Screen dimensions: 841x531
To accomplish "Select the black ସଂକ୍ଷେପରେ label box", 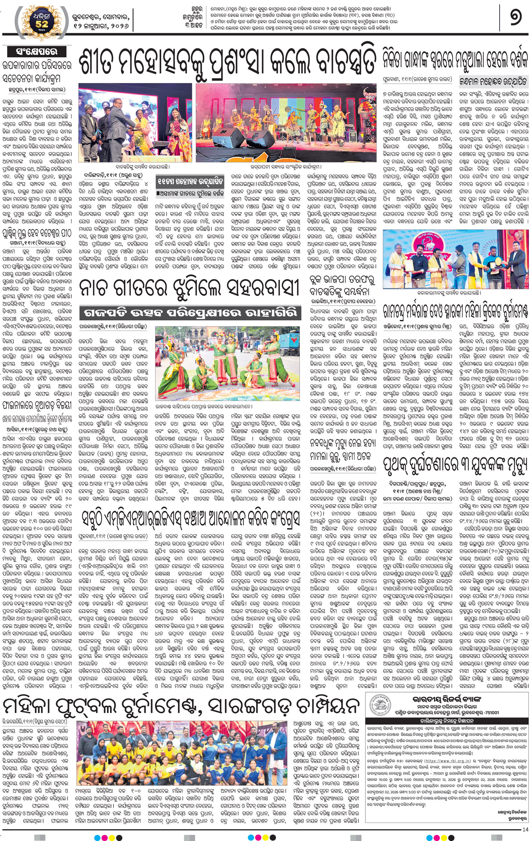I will [36, 51].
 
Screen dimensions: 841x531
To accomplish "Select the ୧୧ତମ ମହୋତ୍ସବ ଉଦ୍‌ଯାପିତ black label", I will [190, 182].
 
